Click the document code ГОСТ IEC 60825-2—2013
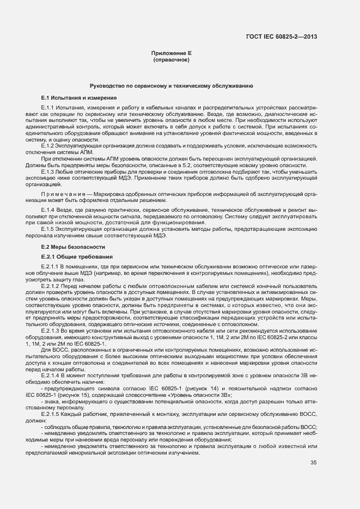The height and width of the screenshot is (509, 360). click(282, 37)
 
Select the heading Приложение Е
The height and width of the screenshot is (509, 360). click(172, 54)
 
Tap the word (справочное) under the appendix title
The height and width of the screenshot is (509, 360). click(172, 60)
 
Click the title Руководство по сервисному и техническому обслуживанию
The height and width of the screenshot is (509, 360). click(171, 87)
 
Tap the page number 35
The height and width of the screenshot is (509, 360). click(313, 478)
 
